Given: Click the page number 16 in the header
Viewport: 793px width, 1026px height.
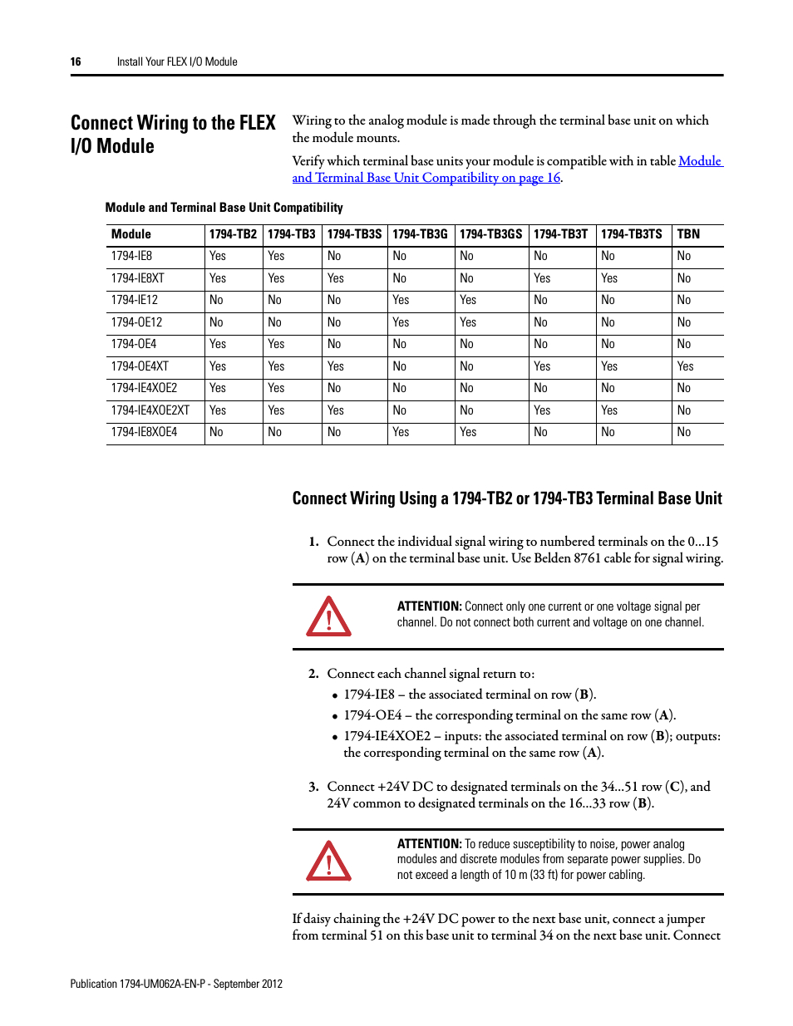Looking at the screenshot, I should click(76, 61).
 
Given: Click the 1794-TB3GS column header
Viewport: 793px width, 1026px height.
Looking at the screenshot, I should click(490, 234).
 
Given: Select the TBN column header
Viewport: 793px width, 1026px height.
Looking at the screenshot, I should click(688, 234).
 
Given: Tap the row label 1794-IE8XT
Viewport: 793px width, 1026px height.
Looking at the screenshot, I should click(138, 278).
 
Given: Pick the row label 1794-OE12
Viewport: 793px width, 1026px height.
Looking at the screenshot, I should click(136, 322).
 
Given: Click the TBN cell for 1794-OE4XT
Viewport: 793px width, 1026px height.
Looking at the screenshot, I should click(685, 366).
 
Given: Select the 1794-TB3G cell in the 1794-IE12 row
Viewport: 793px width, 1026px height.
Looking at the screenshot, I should click(401, 300).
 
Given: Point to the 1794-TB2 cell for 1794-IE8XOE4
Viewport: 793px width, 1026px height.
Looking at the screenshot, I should click(216, 432).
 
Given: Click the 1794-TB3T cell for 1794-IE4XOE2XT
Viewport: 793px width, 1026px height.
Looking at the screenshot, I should click(542, 410).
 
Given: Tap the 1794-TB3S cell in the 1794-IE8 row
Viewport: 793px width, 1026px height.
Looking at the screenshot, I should click(334, 256).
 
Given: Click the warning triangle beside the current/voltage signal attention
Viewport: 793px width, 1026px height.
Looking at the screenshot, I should click(328, 617).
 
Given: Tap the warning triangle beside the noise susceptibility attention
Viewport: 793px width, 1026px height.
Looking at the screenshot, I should click(328, 862).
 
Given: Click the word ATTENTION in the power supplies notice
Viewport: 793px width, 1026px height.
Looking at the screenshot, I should click(429, 844).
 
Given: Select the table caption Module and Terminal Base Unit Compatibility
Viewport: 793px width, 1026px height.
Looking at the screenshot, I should click(224, 208).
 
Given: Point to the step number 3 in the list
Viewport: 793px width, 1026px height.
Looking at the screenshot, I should click(313, 787).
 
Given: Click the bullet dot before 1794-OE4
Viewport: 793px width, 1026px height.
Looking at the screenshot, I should click(335, 716).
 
